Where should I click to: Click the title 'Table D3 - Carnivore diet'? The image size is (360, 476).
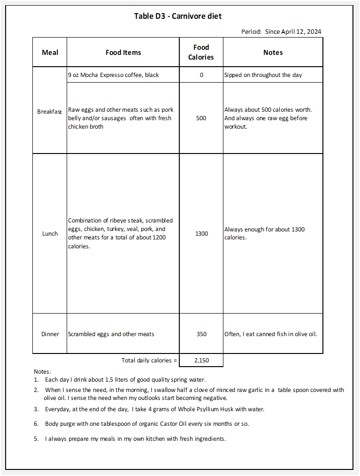178,16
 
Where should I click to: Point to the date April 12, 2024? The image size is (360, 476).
301,32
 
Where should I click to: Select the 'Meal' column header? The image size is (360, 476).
50,53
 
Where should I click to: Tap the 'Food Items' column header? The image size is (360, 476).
123,53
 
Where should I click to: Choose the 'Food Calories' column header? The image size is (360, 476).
201,52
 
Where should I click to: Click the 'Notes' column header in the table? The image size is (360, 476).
273,53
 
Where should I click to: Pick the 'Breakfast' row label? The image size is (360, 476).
49,112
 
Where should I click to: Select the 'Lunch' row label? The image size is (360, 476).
50,233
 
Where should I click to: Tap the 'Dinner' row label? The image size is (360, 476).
50,334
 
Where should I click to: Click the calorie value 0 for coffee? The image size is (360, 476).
201,75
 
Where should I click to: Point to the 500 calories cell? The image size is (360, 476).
201,118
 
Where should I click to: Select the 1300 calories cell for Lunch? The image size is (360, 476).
201,233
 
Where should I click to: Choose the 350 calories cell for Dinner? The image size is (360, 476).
201,334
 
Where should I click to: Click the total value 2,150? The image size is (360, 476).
201,361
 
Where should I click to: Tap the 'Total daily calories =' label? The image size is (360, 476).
149,361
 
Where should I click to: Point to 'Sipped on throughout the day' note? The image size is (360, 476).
263,75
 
